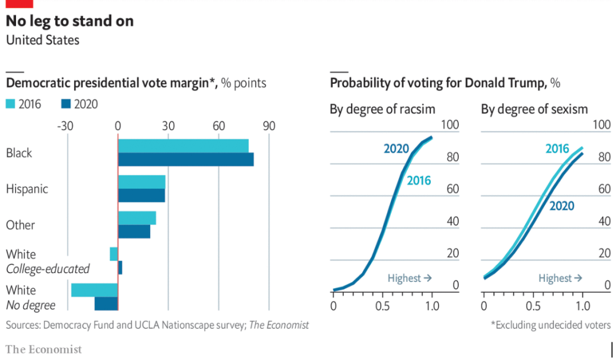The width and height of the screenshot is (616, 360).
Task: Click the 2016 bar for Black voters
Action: point(183,145)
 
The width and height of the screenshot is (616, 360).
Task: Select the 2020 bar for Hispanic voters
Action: point(141,196)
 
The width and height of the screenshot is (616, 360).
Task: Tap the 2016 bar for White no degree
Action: point(94,290)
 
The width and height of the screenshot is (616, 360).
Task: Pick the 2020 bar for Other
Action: point(134,232)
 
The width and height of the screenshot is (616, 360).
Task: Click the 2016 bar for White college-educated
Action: point(114,254)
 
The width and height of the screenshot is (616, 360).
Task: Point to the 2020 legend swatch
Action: point(64,104)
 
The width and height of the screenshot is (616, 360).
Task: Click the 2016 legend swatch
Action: point(11,104)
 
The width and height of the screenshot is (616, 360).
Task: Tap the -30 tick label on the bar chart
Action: point(66,126)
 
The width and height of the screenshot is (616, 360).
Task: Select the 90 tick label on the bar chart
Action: point(268,126)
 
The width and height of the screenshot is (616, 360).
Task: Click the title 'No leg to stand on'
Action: point(70,21)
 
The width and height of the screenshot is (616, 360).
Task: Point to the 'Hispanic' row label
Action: point(27,189)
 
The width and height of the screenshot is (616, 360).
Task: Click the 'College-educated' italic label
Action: point(48,269)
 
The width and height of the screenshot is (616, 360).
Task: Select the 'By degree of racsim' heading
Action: point(382,109)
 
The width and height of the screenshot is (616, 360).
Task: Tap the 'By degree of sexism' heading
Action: point(534,109)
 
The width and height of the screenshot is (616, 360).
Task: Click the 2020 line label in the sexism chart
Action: point(562,206)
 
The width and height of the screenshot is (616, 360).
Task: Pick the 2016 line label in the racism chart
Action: point(419,181)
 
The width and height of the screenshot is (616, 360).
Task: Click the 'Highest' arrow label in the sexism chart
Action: point(560,278)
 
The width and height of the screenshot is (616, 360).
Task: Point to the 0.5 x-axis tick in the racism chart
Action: point(383,306)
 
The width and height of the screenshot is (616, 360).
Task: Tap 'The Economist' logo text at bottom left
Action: point(43,349)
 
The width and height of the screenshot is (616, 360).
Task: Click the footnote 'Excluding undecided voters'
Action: point(550,325)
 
